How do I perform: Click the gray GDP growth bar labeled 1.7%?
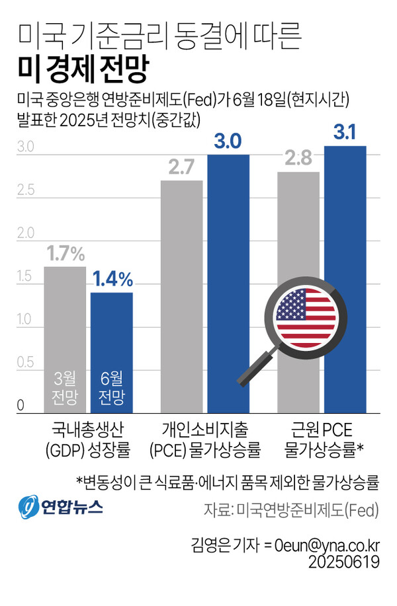click(x=65, y=317)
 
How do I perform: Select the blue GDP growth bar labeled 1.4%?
click(x=111, y=330)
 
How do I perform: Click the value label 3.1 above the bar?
click(x=345, y=133)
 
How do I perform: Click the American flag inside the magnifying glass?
click(x=303, y=315)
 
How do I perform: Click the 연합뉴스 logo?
click(x=61, y=508)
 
